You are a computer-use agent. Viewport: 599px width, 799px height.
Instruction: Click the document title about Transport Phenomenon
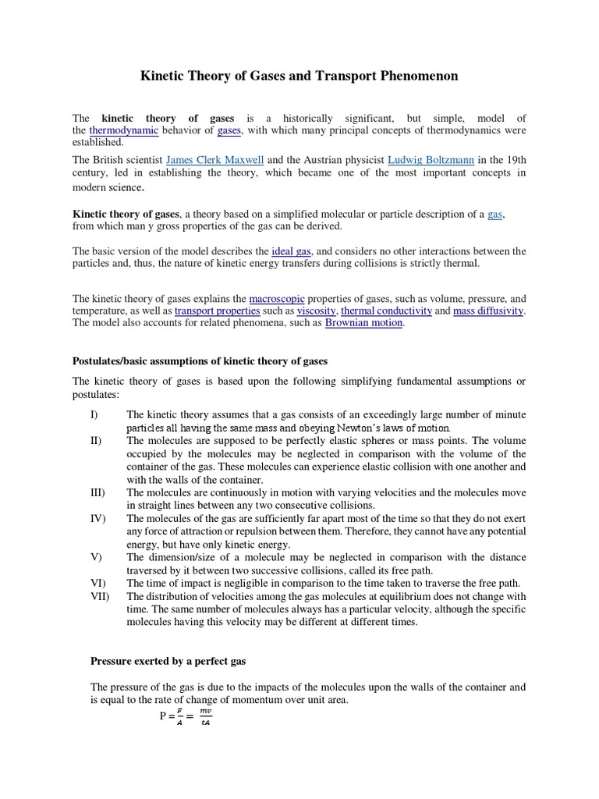299,76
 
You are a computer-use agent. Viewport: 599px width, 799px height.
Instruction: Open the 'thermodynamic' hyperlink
124,130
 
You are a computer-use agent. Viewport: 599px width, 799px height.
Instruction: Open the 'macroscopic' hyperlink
277,299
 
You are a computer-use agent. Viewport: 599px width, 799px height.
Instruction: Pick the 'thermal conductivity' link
386,311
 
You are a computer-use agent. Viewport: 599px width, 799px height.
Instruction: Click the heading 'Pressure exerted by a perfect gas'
168,661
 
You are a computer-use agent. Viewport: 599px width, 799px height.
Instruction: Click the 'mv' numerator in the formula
205,711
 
